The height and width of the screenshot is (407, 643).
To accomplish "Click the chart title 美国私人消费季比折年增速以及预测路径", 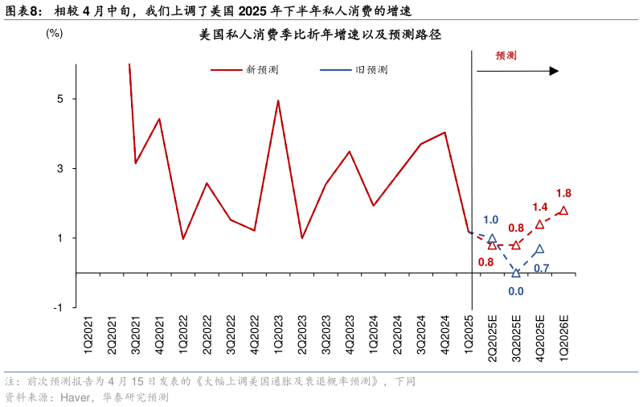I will click(x=321, y=35).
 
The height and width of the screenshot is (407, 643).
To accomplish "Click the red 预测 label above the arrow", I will click(x=506, y=55).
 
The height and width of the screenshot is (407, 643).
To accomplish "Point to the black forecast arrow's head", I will click(x=554, y=71).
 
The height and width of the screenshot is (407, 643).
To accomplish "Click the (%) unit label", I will click(x=54, y=33).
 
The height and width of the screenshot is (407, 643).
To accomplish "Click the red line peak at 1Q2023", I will click(x=278, y=101).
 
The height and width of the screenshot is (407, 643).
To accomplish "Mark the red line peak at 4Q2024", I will click(x=444, y=132).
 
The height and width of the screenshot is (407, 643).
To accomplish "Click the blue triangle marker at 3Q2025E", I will click(x=516, y=273).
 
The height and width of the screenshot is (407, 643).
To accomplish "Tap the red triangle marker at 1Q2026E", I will click(x=563, y=211).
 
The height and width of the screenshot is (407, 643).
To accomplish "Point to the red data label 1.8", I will click(x=563, y=193).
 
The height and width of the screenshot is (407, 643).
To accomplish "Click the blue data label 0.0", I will click(x=516, y=292).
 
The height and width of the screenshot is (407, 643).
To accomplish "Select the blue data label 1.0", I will click(x=490, y=220).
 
